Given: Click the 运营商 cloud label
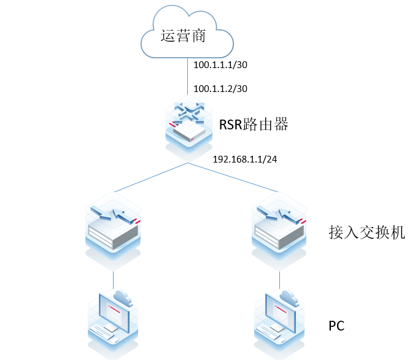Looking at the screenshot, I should pos(182,36).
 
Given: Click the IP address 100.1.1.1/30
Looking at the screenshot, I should pos(220,64).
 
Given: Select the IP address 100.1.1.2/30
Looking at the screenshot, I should pos(220,88).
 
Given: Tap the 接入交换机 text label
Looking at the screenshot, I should pos(367,232).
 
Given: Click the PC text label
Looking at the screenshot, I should pos(337,326).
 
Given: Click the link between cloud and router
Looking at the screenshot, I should pos(187,77).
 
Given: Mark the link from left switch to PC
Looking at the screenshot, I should pos(113,279).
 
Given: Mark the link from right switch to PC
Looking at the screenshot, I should pos(281,279).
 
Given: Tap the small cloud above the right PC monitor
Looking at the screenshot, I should pos(289,297).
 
